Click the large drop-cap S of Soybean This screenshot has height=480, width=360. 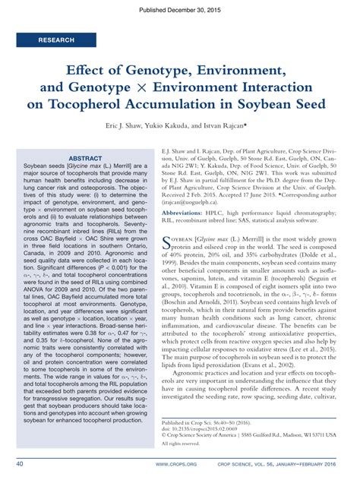(168, 242)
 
